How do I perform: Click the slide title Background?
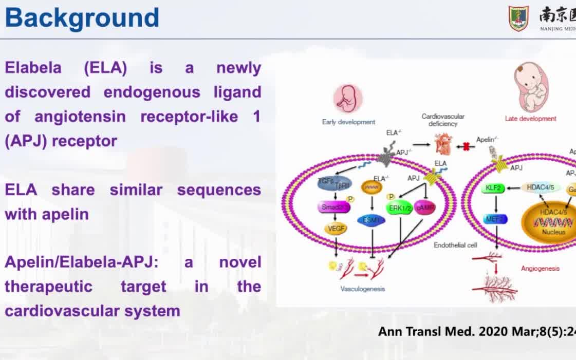(x=82, y=18)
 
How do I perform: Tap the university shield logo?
(x=518, y=18)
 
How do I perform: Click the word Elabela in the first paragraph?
(x=33, y=68)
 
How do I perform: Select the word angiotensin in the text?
(x=80, y=117)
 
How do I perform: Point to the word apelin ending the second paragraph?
(x=65, y=214)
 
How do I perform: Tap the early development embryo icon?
(x=348, y=99)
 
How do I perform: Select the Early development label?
(x=348, y=122)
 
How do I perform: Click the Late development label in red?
(x=530, y=119)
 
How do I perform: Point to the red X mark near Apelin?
(x=467, y=147)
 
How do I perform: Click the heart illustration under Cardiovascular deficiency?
(x=442, y=144)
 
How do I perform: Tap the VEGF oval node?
(x=336, y=229)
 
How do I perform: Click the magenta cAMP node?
(x=425, y=207)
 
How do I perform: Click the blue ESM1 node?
(x=373, y=220)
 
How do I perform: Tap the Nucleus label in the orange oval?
(x=553, y=232)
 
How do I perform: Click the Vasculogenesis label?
(x=362, y=289)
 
